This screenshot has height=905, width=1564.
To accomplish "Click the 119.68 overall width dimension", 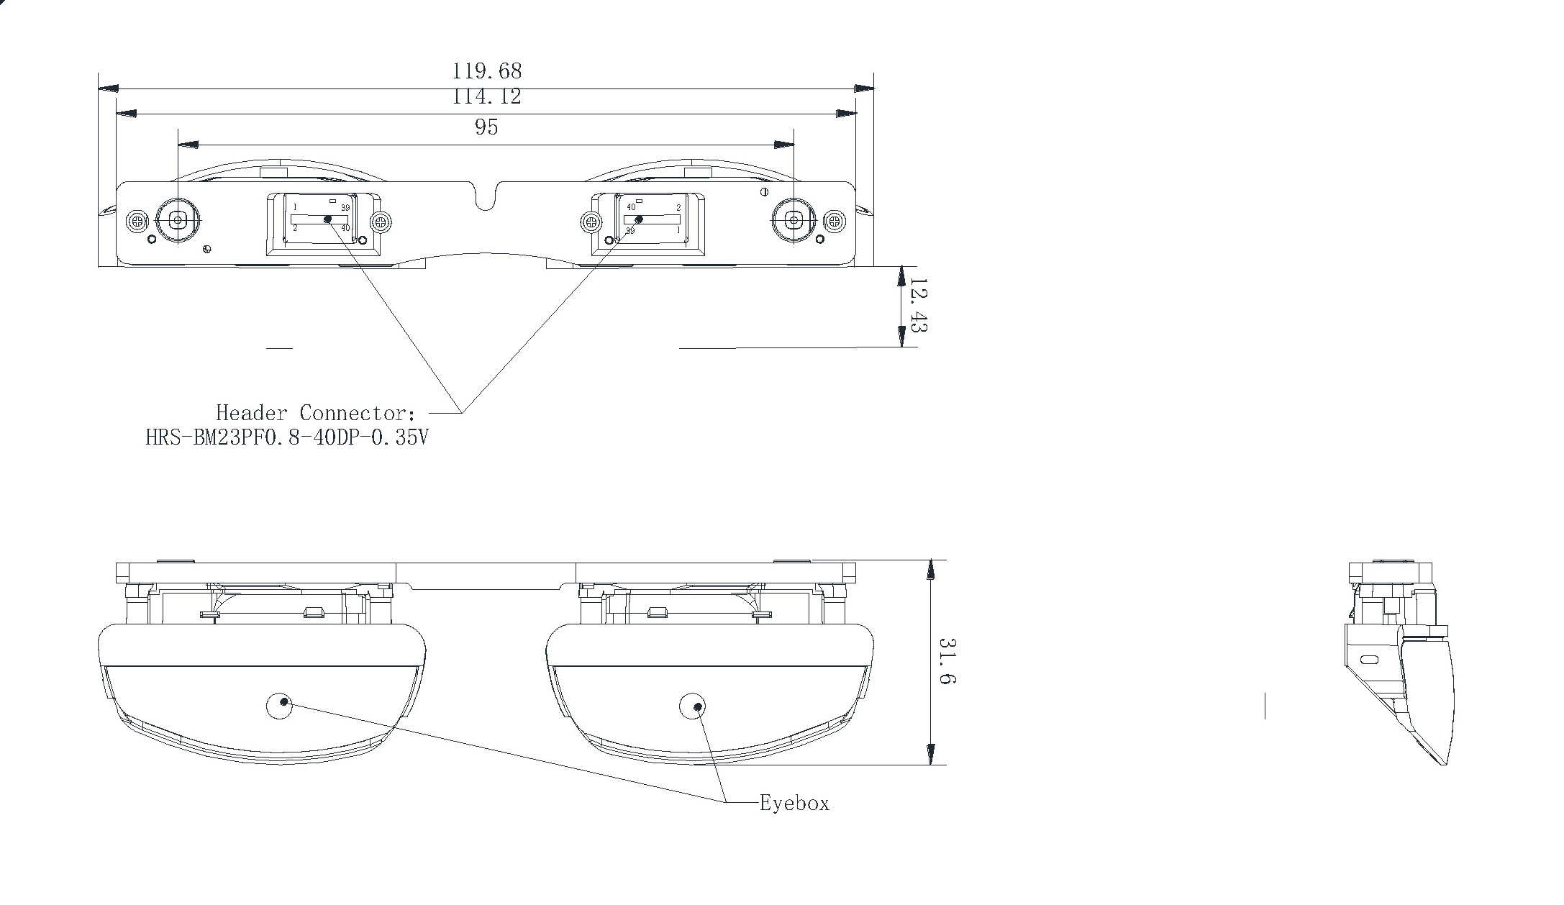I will [486, 71].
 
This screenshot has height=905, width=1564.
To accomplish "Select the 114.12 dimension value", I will [486, 96].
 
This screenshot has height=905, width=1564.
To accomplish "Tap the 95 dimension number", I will [486, 127].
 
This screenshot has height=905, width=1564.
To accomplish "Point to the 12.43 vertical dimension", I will [918, 306].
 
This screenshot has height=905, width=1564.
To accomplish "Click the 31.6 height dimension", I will [947, 660].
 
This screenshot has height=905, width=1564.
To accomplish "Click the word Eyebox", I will [794, 804].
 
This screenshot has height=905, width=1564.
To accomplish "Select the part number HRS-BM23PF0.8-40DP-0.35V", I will [287, 437].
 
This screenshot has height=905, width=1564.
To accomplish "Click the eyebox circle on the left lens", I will [279, 706].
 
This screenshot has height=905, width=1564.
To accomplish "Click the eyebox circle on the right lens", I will [693, 706].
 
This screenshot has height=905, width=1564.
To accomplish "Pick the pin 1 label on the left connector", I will [295, 208].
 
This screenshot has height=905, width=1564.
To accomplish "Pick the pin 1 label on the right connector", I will [678, 230].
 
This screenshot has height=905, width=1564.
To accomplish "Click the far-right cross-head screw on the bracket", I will [835, 221].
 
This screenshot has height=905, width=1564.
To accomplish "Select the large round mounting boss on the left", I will [177, 220].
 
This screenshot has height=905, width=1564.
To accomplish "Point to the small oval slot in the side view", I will [1370, 660].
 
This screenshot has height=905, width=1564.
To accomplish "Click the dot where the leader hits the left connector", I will [328, 219].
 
